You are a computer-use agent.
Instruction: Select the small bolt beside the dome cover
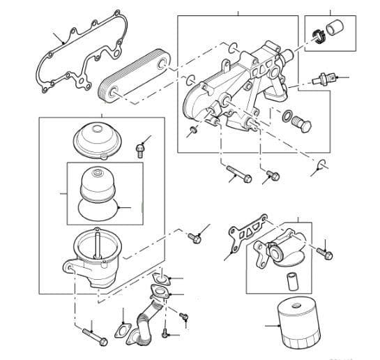142,148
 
